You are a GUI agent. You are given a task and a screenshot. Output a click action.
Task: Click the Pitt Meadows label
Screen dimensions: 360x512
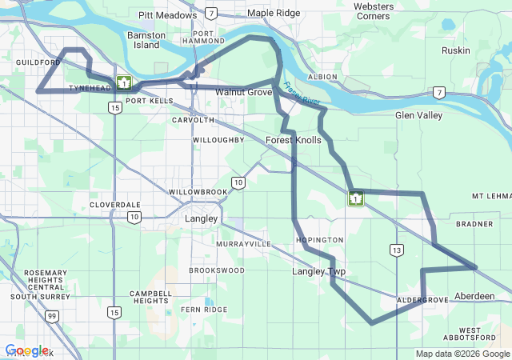167,15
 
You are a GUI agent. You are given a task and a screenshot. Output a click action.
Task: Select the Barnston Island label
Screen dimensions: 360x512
147,40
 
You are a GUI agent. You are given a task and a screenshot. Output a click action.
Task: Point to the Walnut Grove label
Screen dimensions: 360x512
243,92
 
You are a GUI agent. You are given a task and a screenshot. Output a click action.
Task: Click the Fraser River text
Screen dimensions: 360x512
301,95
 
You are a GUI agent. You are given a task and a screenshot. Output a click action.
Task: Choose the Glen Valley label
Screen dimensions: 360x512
418,115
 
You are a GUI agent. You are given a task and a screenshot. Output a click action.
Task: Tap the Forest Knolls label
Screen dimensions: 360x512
293,140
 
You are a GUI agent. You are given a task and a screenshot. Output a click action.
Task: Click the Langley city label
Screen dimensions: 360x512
201,218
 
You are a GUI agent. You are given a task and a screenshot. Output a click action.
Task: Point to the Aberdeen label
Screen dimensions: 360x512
474,296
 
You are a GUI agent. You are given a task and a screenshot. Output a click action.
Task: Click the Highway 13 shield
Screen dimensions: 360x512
397,250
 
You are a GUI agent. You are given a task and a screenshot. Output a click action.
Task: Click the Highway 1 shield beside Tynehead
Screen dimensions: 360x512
123,82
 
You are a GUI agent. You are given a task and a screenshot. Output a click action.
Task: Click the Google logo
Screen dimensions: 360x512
26,350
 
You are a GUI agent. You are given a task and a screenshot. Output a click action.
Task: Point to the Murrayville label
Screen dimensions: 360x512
243,243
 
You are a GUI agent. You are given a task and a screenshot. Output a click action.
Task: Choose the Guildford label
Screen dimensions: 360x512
37,62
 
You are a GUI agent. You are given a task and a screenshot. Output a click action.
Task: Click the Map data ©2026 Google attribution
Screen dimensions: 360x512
462,354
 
